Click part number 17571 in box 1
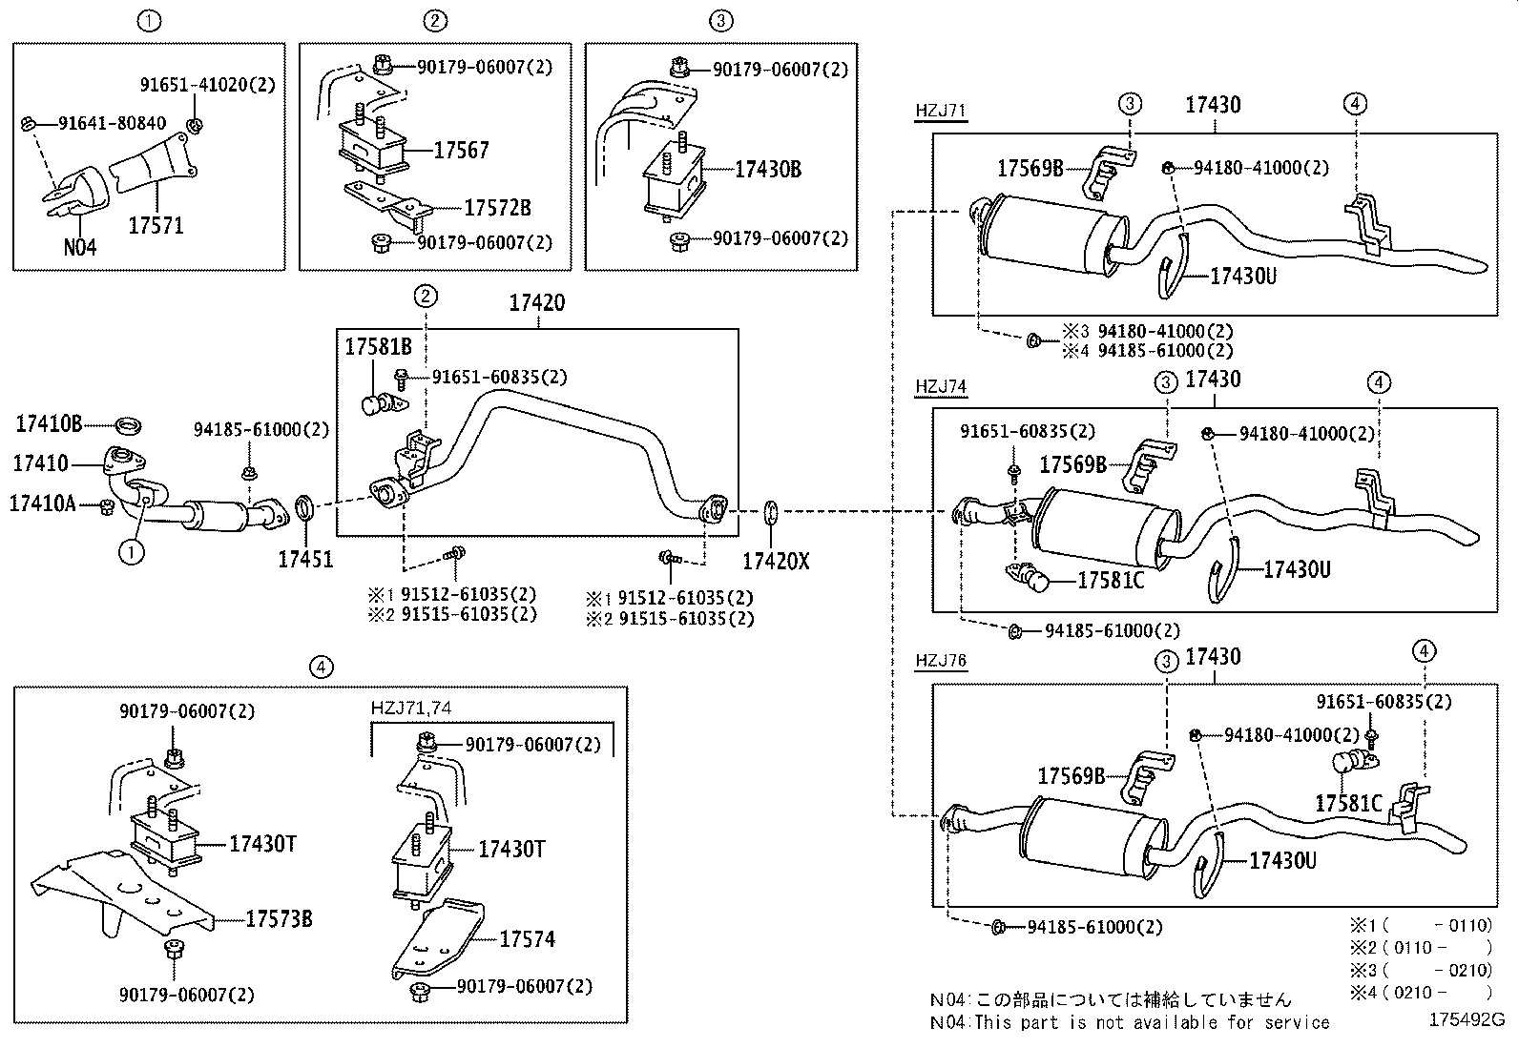point(156,226)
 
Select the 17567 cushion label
point(461,150)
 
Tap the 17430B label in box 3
point(767,170)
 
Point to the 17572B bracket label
point(497,208)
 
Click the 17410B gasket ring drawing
point(127,423)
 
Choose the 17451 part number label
point(305,560)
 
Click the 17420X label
point(775,562)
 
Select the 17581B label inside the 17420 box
point(378,347)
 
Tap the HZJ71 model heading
point(940,111)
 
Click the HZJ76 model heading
point(940,661)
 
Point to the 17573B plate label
point(279,919)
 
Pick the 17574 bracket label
point(527,939)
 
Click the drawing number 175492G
point(1466,1018)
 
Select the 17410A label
point(42,503)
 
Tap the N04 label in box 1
point(80,248)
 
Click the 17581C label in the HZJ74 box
point(1111,580)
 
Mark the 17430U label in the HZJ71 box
point(1242,277)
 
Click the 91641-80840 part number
point(112,123)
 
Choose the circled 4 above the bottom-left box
point(322,668)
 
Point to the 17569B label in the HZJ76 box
point(1071,775)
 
